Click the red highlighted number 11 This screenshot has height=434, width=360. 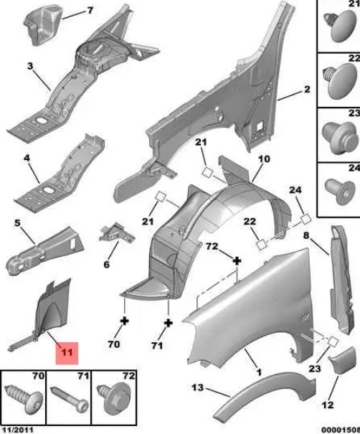coord(67,352)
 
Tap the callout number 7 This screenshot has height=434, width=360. coord(90,11)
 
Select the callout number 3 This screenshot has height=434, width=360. coord(30,66)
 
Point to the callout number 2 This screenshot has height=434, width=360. coord(307,90)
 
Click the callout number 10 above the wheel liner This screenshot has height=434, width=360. coord(264,159)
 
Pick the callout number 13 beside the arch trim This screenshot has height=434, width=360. coord(198,387)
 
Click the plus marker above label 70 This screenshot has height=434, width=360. coord(125,321)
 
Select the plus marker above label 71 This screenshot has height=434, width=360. coord(169,323)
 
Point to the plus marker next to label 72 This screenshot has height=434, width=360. coord(237,260)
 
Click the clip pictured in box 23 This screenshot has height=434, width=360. coord(339,138)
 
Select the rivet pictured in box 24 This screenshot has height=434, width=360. coord(340,192)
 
